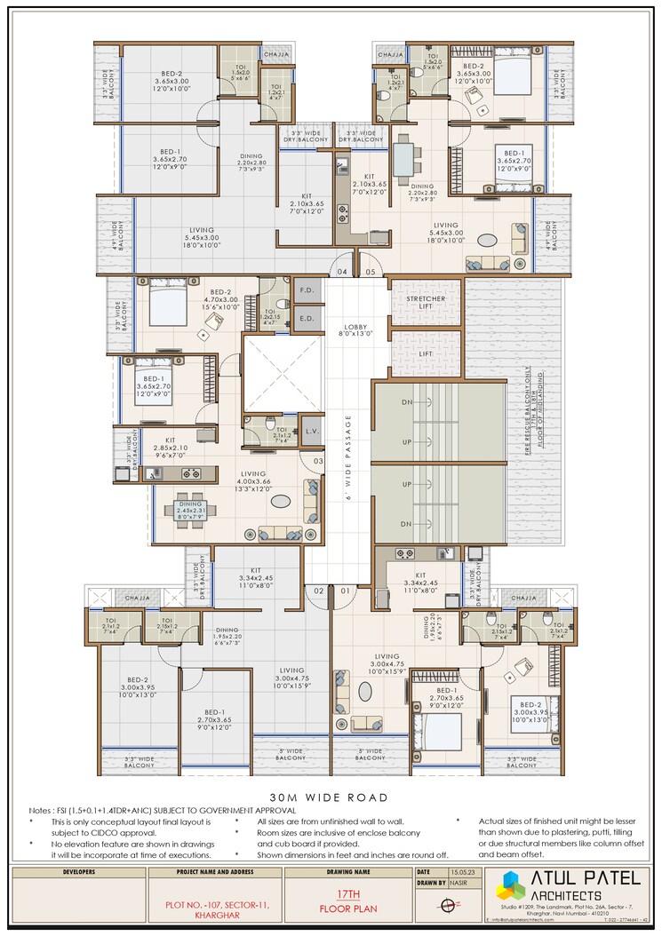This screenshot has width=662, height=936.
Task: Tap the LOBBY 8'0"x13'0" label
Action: tap(355, 331)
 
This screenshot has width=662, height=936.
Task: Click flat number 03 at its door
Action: tap(316, 462)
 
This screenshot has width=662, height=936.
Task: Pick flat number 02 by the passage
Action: tap(317, 590)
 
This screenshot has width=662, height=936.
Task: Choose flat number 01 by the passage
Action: tap(343, 590)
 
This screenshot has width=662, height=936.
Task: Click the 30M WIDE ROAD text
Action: tap(331, 797)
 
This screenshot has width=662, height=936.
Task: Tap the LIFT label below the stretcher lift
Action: tap(426, 353)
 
